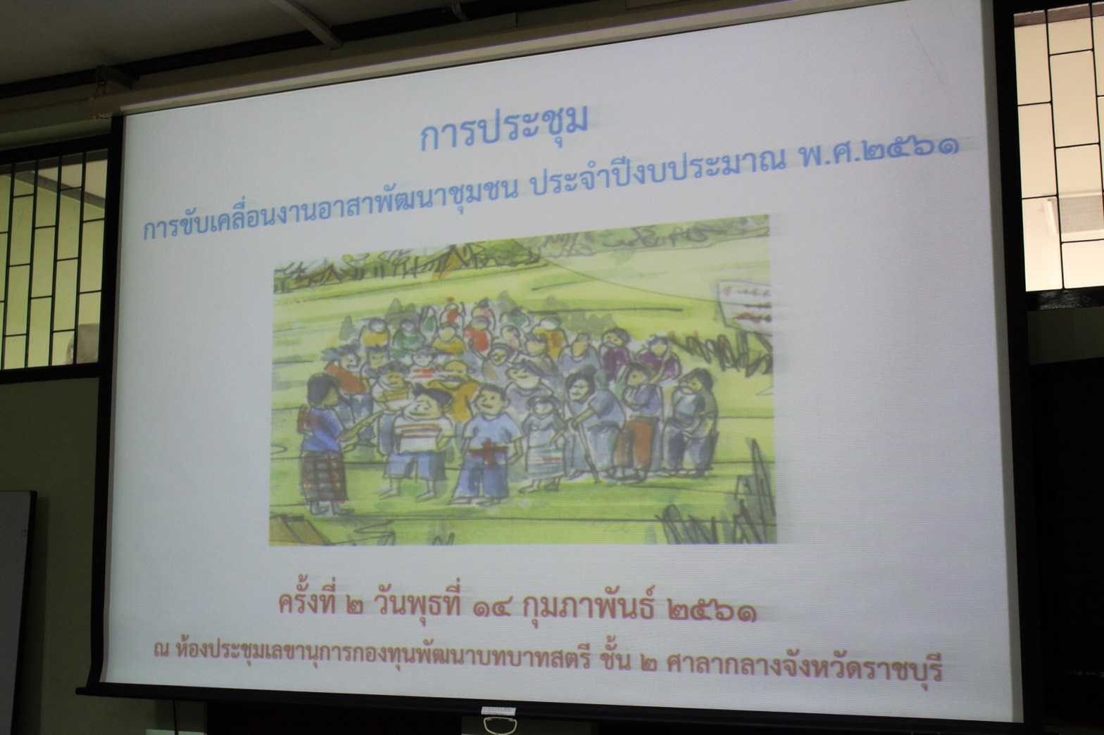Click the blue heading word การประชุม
[x=503, y=130]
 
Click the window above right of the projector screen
[x=1060, y=148]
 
